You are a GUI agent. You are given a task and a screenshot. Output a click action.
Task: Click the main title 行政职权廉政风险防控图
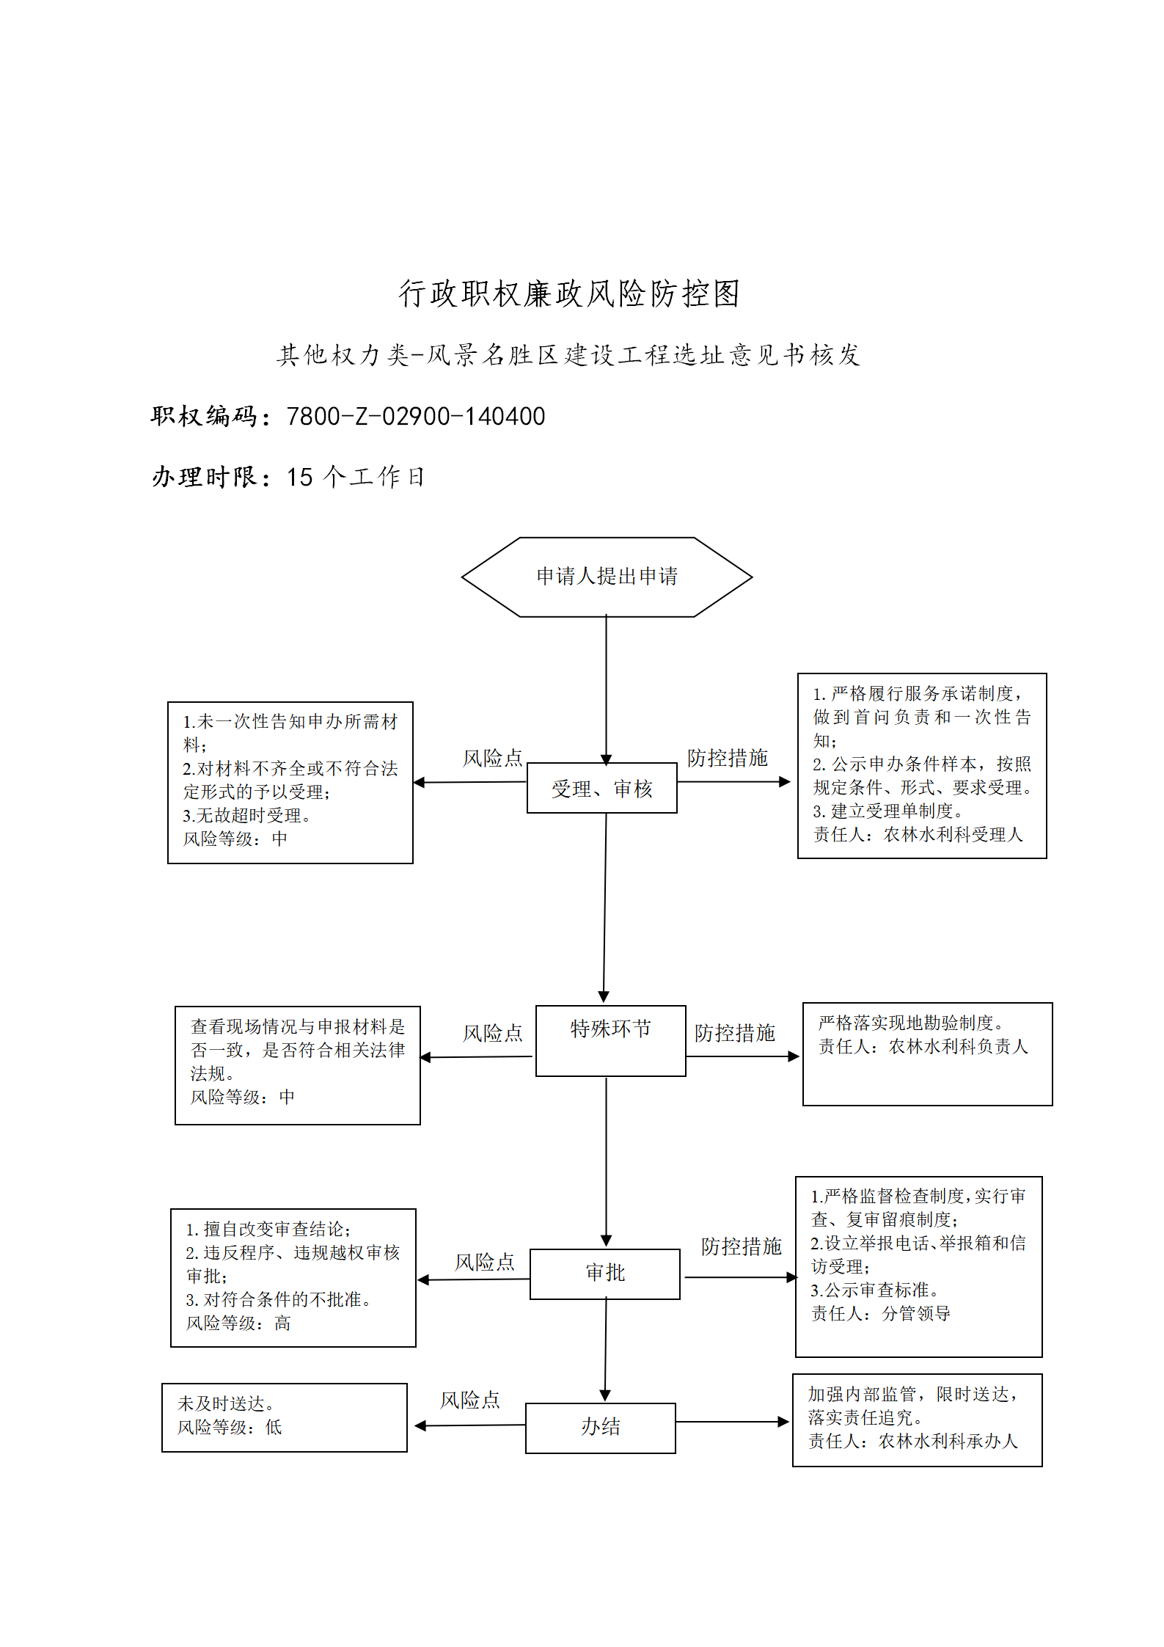569,293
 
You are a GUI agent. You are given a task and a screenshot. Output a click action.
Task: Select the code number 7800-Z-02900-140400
416,416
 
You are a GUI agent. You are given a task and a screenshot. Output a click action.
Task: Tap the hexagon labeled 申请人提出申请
607,577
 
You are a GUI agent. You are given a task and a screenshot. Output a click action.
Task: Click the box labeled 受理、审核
601,788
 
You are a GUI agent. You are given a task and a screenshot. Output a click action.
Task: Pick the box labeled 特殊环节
610,1040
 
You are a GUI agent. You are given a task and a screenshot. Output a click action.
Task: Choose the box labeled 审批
604,1274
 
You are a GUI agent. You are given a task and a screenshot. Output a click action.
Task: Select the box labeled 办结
600,1428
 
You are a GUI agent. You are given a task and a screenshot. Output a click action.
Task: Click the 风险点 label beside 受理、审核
493,758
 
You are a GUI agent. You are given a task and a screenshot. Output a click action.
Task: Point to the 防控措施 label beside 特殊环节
735,1033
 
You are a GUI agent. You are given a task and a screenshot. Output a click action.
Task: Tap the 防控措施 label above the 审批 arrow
742,1246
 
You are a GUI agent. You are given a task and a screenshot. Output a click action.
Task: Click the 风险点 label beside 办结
470,1401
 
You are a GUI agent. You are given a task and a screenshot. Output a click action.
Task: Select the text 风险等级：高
238,1323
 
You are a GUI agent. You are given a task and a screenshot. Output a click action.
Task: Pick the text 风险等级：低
230,1427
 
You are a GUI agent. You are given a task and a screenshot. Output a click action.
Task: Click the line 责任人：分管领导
880,1313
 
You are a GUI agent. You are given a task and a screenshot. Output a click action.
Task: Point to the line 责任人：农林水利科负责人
923,1046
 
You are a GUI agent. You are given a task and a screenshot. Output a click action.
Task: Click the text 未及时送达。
226,1403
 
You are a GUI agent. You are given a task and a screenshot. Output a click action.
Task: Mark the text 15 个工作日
356,477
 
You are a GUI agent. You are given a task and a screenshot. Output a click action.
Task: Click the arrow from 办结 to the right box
732,1422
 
